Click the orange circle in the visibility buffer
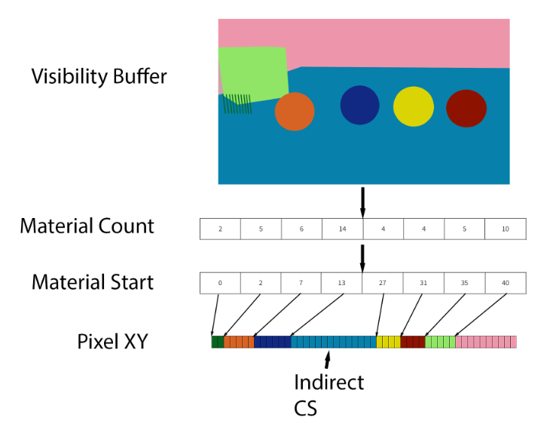click(x=295, y=112)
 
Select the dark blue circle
click(x=359, y=105)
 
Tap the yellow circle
click(x=414, y=106)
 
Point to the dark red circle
click(x=466, y=109)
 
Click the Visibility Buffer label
click(x=99, y=76)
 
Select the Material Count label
click(x=87, y=226)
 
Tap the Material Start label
click(x=93, y=282)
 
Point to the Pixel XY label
click(x=112, y=342)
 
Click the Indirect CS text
click(x=328, y=395)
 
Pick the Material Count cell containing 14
click(x=342, y=229)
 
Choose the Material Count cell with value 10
click(x=506, y=229)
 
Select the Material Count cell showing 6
click(x=301, y=229)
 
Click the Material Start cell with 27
click(x=382, y=283)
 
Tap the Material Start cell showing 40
click(x=506, y=283)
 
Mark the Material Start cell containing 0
click(x=220, y=283)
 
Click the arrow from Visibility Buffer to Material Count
click(x=362, y=203)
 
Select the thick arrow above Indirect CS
click(x=328, y=360)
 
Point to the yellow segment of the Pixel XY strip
click(x=388, y=342)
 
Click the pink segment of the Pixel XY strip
click(x=486, y=342)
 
